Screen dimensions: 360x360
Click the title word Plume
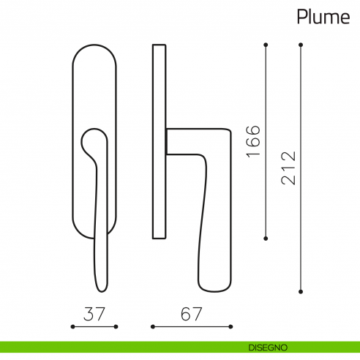(x=323, y=17)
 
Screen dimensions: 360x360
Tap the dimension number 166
(x=253, y=141)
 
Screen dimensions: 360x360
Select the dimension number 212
(x=288, y=168)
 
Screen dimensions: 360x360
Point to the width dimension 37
(x=94, y=314)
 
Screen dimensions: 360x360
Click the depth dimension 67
(x=192, y=314)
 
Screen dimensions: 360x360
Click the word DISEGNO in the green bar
(x=268, y=348)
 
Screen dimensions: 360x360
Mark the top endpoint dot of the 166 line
(x=266, y=45)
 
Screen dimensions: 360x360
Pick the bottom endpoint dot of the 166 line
(x=266, y=239)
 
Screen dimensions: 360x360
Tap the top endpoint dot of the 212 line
(x=301, y=45)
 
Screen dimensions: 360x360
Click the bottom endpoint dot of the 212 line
(x=301, y=291)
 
